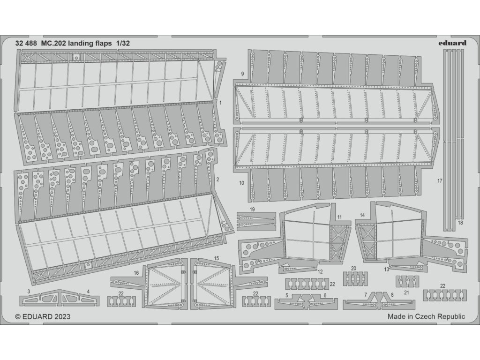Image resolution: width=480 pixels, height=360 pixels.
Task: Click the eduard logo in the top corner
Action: pyautogui.click(x=453, y=43)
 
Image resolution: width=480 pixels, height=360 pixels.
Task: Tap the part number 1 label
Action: pyautogui.click(x=221, y=102)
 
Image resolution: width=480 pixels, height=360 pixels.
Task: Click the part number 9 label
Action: pyautogui.click(x=242, y=74)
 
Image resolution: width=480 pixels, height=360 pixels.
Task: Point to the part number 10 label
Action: pyautogui.click(x=242, y=183)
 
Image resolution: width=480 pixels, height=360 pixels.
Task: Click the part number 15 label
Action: pyautogui.click(x=216, y=258)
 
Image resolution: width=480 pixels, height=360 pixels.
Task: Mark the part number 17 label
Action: pyautogui.click(x=439, y=180)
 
